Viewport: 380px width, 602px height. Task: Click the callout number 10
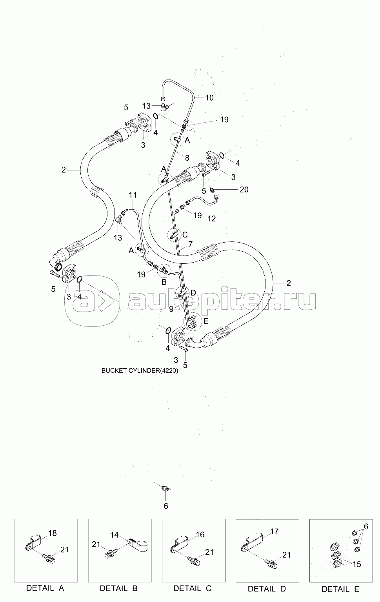coord(209,98)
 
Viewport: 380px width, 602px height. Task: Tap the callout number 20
coord(244,190)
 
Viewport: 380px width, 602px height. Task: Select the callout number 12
coord(211,219)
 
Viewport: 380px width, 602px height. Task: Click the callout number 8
coord(187,158)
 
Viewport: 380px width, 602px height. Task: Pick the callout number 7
coord(190,244)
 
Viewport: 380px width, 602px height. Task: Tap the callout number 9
coord(171,309)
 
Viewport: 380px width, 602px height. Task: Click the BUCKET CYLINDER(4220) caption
coord(140,370)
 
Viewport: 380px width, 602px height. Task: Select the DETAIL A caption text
coord(45,588)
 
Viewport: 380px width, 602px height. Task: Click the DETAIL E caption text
coord(340,589)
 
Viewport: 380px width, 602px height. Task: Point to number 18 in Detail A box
coord(53,533)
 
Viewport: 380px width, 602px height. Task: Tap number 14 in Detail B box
coord(114,535)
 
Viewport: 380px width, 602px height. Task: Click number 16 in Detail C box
coord(200,535)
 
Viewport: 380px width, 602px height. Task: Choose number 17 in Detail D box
coord(274,531)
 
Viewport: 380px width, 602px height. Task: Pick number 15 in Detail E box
coord(356,565)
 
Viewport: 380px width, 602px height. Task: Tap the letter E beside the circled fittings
coord(206,321)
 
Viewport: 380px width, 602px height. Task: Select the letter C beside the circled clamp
coord(185,236)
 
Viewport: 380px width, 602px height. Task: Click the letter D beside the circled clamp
coord(193,292)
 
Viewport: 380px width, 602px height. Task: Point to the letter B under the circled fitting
coord(164,282)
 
